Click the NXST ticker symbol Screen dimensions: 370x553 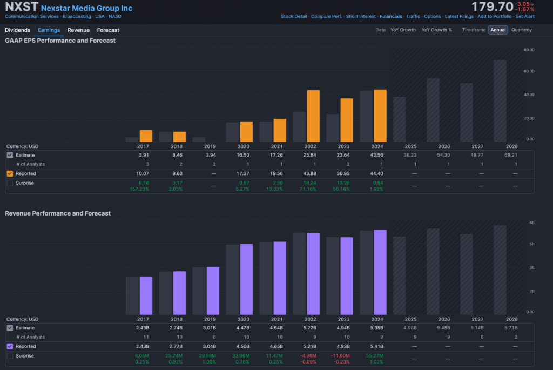pos(21,8)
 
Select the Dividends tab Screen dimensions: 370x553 pos(17,30)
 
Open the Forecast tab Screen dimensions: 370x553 pos(108,30)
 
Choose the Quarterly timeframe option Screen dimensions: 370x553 pos(521,30)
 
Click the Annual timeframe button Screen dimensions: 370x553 pos(498,30)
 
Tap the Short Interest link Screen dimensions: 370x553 pos(361,17)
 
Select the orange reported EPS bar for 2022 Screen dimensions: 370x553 pos(313,116)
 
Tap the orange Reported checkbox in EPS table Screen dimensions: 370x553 pos(10,173)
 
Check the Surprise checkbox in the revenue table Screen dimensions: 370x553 pos(10,356)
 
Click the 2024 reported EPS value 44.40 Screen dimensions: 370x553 pos(380,173)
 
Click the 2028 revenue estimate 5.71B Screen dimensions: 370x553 pos(512,328)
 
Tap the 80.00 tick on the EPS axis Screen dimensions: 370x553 pos(529,50)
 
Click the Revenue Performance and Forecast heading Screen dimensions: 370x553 pos(58,213)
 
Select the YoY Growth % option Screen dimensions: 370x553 pos(437,30)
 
